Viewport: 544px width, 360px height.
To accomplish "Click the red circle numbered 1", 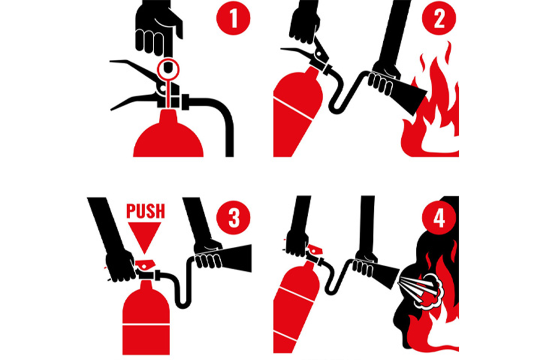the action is [233, 18].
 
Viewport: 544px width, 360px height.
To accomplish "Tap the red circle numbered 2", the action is [438, 18].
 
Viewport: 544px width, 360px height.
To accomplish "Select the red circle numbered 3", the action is [233, 218].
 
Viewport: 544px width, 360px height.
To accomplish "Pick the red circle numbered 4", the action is [438, 218].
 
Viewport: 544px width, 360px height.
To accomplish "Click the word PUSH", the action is [146, 210].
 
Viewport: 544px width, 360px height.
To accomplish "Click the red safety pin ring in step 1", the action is [168, 69].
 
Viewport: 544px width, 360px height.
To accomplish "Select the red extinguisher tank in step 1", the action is [168, 135].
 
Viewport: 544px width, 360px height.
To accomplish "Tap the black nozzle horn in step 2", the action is [410, 96].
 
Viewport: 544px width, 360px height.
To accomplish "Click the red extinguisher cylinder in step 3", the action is [146, 319].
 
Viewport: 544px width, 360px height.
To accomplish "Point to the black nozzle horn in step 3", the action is [236, 259].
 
